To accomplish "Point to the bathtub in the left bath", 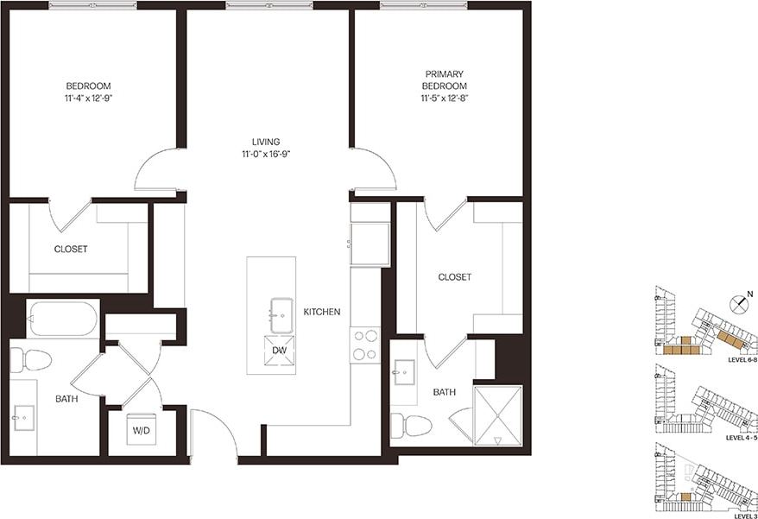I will pos(62,319).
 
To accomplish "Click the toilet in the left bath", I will pos(29,359).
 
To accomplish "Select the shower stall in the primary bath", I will pos(497,415).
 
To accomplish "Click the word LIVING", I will pos(266,142).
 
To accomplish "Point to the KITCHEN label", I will pos(321,312).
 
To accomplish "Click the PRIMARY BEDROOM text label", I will pos(445,80).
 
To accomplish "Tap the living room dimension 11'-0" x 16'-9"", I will pos(266,155).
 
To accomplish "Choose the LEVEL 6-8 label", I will pos(742,359).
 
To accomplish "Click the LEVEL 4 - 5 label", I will pos(742,438).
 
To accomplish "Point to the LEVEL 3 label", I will pos(744,516).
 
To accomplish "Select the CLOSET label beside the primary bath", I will pos(455,277).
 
